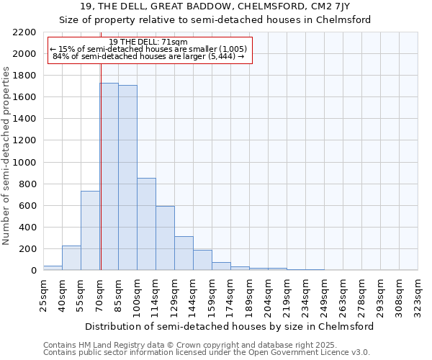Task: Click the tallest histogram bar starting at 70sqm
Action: tap(109, 176)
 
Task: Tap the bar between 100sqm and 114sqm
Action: tap(146, 224)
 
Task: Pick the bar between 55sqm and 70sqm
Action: tap(90, 230)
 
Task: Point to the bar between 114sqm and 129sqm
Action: tap(165, 238)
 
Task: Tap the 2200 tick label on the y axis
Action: tap(24, 32)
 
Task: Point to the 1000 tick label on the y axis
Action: tap(24, 163)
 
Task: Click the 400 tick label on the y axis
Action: tap(27, 228)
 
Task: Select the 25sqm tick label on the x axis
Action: tap(43, 293)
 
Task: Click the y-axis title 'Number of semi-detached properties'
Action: tap(7, 156)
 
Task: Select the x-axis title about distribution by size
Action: tap(229, 326)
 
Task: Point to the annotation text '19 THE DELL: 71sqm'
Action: tap(149, 42)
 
